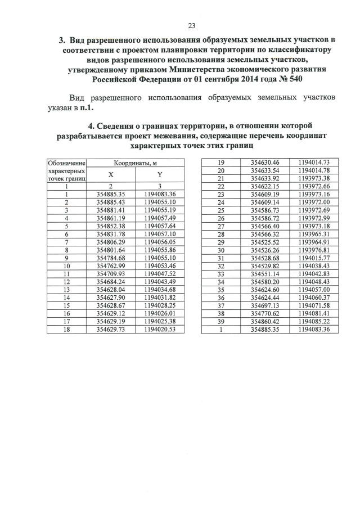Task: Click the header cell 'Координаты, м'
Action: click(135, 163)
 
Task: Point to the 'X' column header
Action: click(111, 174)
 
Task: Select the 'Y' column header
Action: click(160, 174)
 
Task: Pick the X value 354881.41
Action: click(111, 210)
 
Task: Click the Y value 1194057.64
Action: click(160, 226)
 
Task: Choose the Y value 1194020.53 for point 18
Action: click(160, 329)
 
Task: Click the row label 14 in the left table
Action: click(66, 297)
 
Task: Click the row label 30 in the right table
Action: click(221, 250)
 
